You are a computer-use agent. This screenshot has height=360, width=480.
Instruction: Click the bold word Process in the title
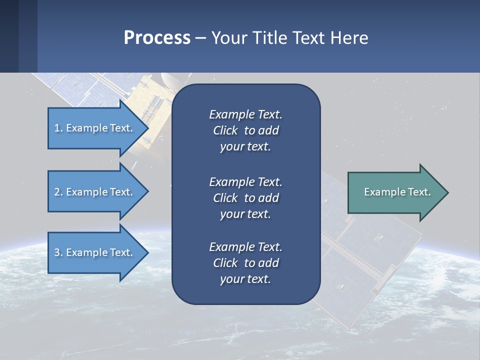pos(157,37)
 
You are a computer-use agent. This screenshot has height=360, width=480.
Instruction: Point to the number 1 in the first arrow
pos(57,128)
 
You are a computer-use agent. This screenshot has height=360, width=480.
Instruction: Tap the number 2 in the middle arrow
pos(57,192)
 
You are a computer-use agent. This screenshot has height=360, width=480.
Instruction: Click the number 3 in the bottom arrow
pos(57,252)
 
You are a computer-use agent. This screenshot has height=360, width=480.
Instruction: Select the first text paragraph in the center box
pos(245,130)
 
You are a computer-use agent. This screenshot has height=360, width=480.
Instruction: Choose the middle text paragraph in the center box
pos(245,198)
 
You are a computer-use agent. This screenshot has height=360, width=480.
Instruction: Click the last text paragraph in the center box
pos(245,263)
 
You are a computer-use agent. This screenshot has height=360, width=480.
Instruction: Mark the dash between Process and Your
pos(200,38)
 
